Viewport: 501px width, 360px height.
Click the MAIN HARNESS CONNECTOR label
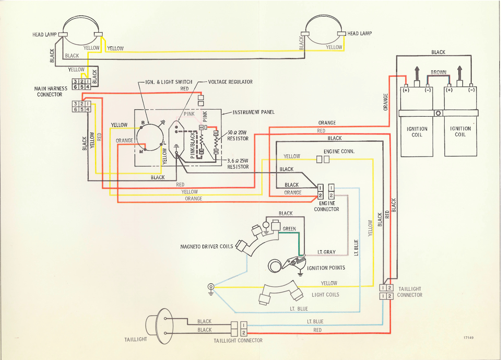click(x=51, y=91)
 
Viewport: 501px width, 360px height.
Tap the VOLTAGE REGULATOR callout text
click(x=230, y=82)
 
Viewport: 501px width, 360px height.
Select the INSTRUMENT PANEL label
click(x=254, y=112)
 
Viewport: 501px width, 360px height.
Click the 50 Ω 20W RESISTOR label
click(x=238, y=135)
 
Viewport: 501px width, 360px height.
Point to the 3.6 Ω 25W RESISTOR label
click(x=238, y=164)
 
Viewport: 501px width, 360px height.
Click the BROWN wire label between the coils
click(x=438, y=72)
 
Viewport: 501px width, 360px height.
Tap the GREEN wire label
click(x=289, y=229)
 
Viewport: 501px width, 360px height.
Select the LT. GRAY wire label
click(x=326, y=252)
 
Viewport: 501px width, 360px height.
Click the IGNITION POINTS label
click(x=326, y=268)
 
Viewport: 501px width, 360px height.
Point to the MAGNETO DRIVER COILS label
click(x=207, y=246)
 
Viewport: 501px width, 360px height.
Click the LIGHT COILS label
click(x=326, y=295)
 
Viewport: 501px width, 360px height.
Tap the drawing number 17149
click(x=469, y=338)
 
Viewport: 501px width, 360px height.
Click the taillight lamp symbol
click(x=160, y=326)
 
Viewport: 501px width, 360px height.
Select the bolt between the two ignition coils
click(x=438, y=113)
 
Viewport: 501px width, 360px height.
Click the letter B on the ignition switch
click(x=143, y=123)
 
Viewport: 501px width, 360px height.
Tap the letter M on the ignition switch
click(x=141, y=152)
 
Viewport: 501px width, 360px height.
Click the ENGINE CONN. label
click(x=339, y=151)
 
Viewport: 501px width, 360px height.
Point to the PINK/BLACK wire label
click(x=193, y=145)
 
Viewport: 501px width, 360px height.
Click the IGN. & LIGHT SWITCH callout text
click(x=169, y=82)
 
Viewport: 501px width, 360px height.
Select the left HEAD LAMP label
click(x=45, y=35)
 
